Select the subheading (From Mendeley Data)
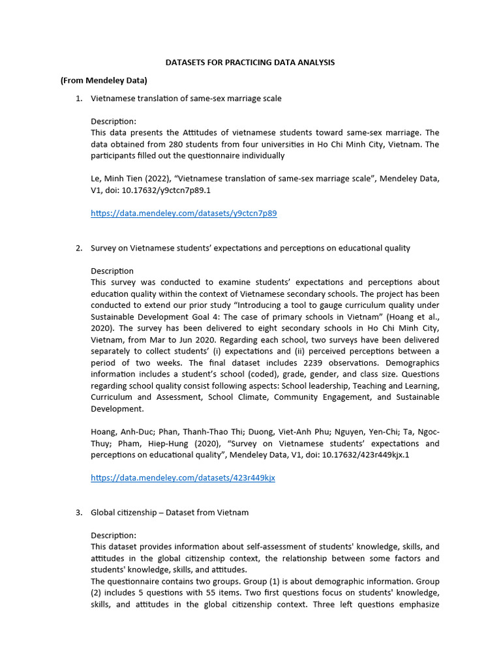[104, 80]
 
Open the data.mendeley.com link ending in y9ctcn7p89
[183, 213]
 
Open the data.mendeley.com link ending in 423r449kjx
[183, 478]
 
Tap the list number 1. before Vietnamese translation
[78, 99]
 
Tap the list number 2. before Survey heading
[78, 248]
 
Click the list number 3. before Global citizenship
[78, 512]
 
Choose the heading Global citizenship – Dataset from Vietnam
[170, 512]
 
